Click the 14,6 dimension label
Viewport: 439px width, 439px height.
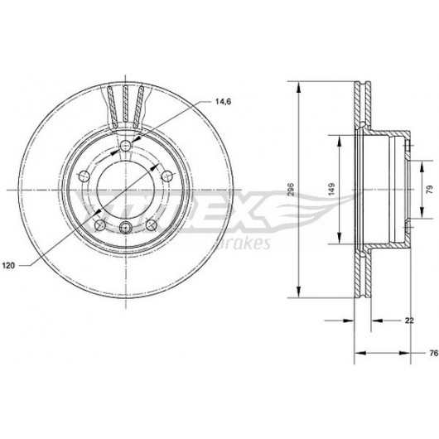click(x=223, y=102)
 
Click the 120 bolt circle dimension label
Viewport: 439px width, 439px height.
click(x=8, y=265)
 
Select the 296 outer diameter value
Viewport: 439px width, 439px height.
click(x=291, y=190)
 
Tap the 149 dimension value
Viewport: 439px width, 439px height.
click(x=331, y=190)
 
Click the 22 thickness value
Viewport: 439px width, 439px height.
click(x=409, y=321)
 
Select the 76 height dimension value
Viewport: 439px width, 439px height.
click(x=433, y=353)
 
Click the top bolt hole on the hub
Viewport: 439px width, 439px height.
click(x=125, y=145)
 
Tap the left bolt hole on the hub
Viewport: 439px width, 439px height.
click(x=84, y=176)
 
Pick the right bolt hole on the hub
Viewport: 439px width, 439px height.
click(x=167, y=176)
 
